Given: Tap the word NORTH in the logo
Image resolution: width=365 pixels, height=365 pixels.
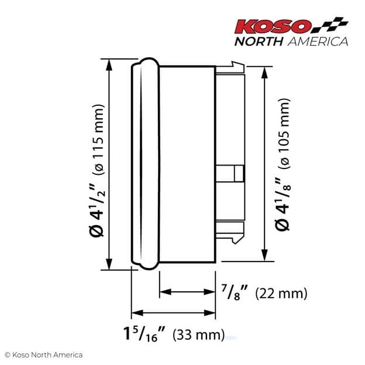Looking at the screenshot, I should coord(258,41).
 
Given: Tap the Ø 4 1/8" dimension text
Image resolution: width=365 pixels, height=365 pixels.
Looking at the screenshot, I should coord(285,202).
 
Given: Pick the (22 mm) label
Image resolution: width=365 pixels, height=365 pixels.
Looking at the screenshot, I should coord(281,292).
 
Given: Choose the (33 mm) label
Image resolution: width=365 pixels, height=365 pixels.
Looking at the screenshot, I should coord(199,335).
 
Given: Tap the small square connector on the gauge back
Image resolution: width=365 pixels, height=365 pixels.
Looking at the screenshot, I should coord(237,174).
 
